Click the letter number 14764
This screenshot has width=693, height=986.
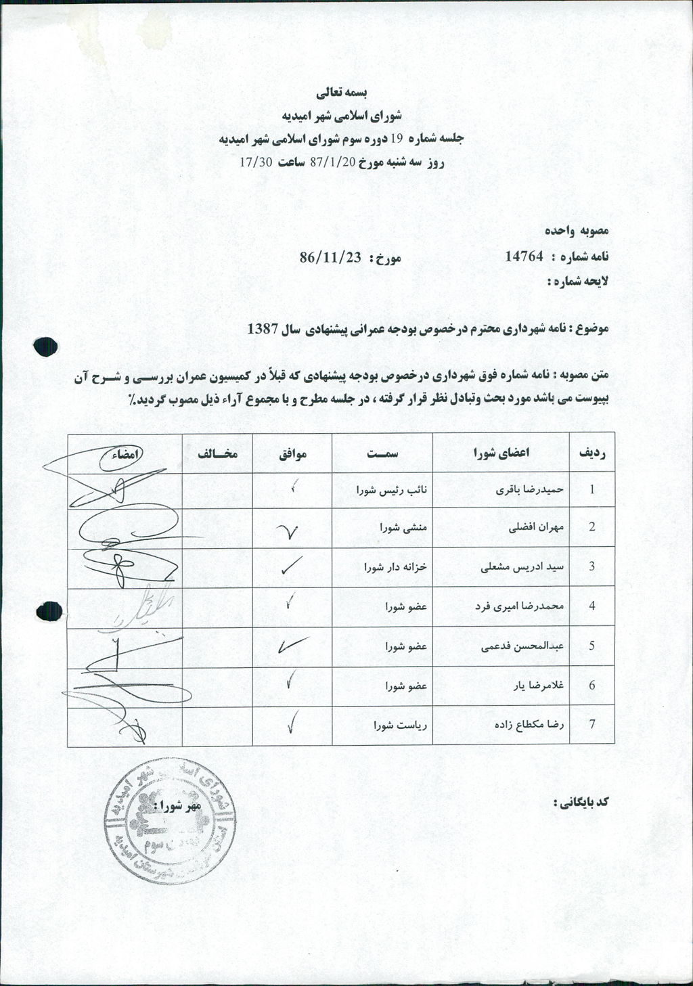click(x=524, y=256)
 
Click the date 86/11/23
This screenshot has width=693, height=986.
click(x=330, y=257)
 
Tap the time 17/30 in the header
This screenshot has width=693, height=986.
click(x=256, y=162)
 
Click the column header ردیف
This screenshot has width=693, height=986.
click(x=591, y=453)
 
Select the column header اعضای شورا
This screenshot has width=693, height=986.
click(x=501, y=453)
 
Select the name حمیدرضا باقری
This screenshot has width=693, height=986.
click(x=535, y=489)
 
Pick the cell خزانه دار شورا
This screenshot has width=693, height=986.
click(x=396, y=567)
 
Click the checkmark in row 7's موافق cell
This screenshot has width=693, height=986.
click(x=291, y=723)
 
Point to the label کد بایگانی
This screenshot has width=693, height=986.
click(x=581, y=802)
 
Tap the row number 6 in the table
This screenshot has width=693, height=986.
click(x=591, y=686)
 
